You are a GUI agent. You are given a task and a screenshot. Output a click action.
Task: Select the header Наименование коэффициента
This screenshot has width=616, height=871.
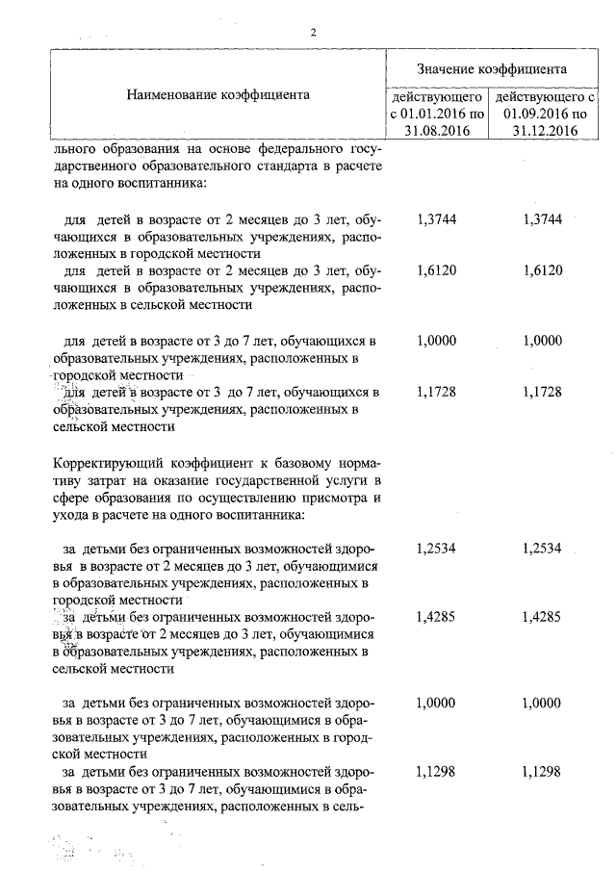218,95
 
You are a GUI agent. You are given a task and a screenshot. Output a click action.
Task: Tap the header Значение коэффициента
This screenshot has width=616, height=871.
491,69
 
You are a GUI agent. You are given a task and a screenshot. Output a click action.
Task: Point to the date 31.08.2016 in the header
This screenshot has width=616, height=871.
438,131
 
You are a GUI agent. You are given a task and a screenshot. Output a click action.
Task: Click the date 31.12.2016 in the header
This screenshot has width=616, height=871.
545,131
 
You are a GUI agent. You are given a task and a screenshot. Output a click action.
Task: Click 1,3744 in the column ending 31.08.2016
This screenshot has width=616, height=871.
438,219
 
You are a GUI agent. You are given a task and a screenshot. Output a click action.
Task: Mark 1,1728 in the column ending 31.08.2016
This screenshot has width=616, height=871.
438,393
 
